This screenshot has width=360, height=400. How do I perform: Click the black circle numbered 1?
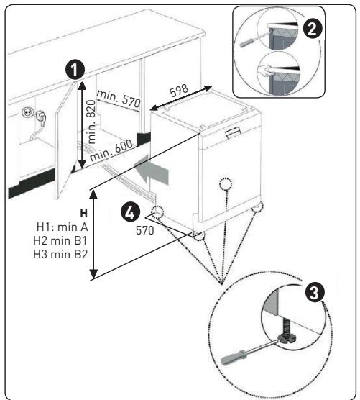[75, 70]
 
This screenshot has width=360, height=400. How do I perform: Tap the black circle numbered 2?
[313, 29]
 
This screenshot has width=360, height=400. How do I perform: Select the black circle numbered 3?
[315, 292]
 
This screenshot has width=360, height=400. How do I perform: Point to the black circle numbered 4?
[130, 212]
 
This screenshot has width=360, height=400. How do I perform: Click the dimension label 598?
[180, 90]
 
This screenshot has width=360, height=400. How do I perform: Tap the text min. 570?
[119, 99]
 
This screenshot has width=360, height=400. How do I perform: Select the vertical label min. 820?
[91, 122]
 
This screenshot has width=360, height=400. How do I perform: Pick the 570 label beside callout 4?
[144, 231]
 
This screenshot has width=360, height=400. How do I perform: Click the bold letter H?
[84, 213]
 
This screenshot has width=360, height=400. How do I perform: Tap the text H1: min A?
[63, 227]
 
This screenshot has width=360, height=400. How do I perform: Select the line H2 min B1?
[60, 240]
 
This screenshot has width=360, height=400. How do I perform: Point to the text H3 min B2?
[60, 254]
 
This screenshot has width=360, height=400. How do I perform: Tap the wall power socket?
[27, 112]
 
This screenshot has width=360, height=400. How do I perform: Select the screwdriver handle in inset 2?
[247, 42]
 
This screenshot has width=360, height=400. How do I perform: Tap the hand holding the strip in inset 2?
[266, 70]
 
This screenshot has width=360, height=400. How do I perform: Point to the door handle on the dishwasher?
[233, 132]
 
